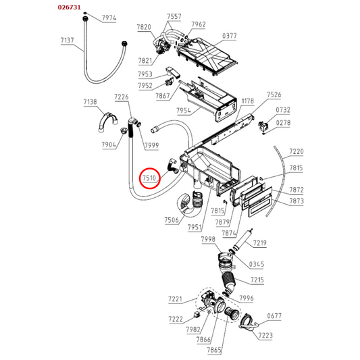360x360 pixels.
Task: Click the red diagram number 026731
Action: [69, 7]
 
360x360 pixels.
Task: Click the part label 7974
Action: [109, 18]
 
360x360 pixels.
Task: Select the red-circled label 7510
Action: [149, 178]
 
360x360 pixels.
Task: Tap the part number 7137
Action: [68, 41]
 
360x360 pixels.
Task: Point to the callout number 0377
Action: [230, 36]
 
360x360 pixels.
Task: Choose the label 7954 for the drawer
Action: [184, 111]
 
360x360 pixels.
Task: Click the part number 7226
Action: [122, 97]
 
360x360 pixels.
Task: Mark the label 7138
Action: [91, 102]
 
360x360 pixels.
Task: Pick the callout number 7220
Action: [297, 151]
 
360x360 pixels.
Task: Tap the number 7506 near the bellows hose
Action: [172, 220]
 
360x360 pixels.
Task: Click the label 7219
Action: [259, 243]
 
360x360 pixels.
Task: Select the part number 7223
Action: [265, 336]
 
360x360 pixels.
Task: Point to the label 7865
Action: [214, 350]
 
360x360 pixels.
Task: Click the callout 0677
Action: [274, 316]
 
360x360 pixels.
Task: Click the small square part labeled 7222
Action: [197, 314]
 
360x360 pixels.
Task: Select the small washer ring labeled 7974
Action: [85, 13]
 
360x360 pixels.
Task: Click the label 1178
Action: [248, 101]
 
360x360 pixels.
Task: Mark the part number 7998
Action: [208, 240]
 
